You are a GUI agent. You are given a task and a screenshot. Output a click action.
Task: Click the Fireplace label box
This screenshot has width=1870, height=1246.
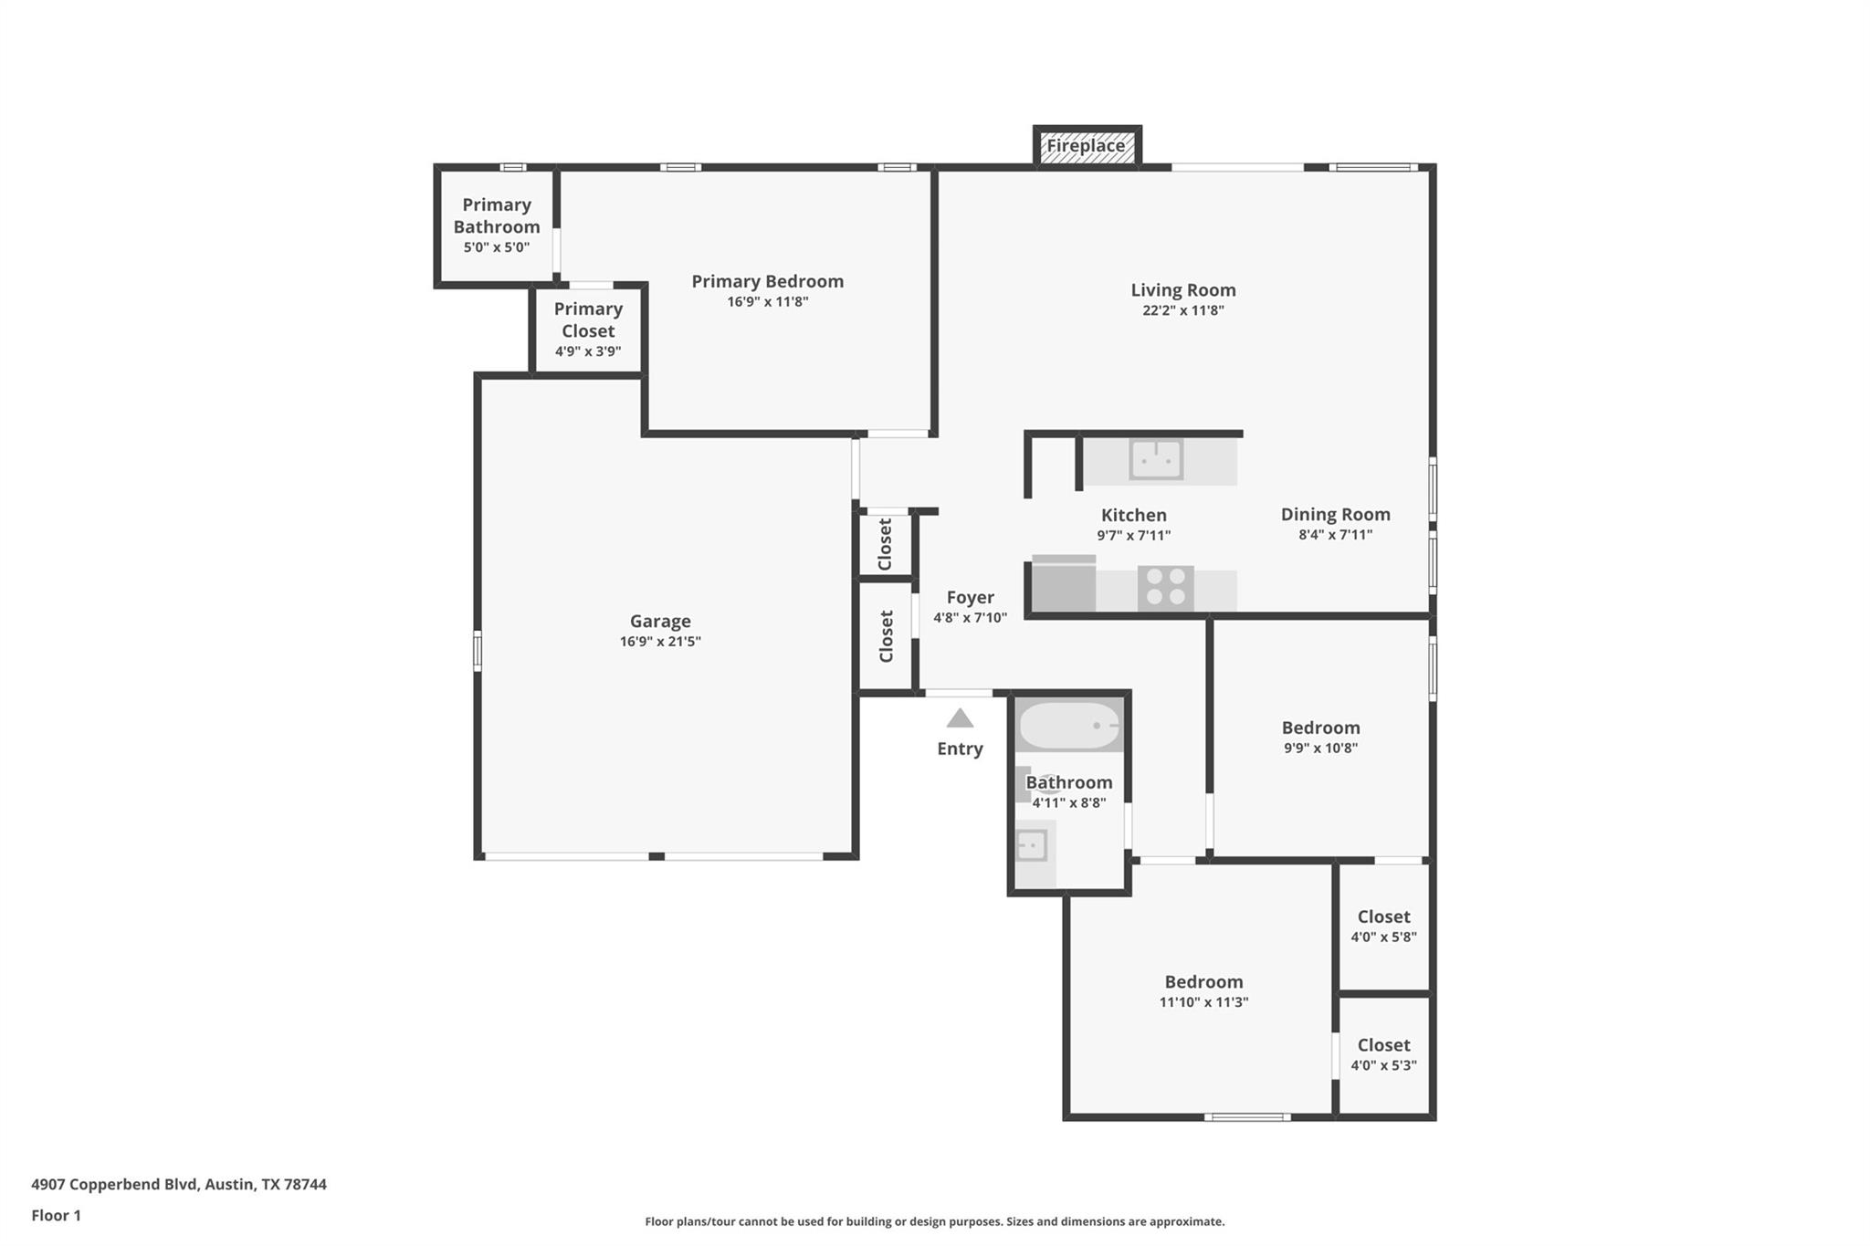[1086, 146]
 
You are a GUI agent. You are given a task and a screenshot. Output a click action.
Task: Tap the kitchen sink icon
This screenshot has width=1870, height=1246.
[1156, 459]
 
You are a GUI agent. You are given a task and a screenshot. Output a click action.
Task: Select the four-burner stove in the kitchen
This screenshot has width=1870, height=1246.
[1166, 587]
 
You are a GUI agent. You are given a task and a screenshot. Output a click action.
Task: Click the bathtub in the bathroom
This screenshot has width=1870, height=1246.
[1069, 726]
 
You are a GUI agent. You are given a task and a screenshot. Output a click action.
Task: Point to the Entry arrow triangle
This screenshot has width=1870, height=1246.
[960, 719]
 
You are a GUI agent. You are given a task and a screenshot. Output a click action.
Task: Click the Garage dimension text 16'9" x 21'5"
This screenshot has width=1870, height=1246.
[660, 642]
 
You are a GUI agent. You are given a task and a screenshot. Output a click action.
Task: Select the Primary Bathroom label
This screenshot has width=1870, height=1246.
[497, 215]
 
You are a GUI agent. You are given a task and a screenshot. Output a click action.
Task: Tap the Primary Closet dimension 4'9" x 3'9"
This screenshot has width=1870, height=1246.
[588, 351]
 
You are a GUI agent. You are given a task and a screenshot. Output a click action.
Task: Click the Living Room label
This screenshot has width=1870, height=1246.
[1182, 290]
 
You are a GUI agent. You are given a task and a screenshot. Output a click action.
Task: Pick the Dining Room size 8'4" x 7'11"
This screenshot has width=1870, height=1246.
[1335, 535]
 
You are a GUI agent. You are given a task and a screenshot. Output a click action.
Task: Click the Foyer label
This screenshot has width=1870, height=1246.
[970, 598]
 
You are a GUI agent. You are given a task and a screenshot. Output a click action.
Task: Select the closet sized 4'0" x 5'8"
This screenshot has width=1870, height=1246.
[1383, 937]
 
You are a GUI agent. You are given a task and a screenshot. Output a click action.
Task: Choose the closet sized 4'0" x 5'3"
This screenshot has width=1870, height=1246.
[1383, 1065]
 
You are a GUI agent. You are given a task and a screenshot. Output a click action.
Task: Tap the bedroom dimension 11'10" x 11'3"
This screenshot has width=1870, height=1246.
[1203, 1002]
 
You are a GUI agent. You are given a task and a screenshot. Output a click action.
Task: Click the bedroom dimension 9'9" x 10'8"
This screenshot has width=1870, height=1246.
[1320, 749]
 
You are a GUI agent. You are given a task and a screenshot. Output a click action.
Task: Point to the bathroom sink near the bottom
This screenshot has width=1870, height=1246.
[1032, 845]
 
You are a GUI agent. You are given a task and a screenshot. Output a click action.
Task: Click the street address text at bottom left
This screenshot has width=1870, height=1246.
[179, 1184]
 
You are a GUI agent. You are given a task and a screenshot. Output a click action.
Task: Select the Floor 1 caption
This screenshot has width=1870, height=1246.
[57, 1215]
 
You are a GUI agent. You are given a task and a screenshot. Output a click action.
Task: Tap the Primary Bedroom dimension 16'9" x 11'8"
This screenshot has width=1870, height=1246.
[767, 302]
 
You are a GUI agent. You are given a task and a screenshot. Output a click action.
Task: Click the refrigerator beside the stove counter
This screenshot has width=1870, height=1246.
[1064, 585]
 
